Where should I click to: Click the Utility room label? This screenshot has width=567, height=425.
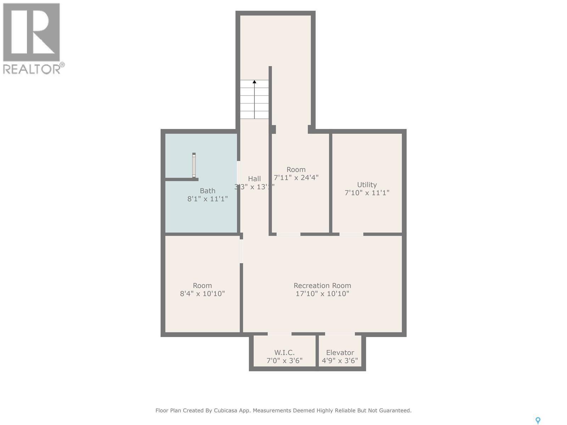coord(367,185)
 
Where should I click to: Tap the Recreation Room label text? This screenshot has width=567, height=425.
coord(322,285)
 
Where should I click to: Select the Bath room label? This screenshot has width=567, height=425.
coord(207,191)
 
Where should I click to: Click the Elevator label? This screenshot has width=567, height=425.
coord(340,352)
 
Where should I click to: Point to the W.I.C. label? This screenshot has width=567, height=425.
coord(284,352)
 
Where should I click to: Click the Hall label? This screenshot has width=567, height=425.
coord(254,179)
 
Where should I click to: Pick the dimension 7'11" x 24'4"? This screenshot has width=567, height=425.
coord(296,177)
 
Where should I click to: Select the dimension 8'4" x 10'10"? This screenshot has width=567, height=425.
coord(202,294)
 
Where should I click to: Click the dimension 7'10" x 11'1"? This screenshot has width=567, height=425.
coord(367,193)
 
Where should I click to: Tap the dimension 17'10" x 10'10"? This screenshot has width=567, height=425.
coord(322,294)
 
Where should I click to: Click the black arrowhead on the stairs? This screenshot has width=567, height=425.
coord(254,82)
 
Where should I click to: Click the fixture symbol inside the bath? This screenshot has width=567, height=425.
coord(194,165)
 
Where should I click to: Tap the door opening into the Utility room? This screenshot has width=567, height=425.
coord(351,234)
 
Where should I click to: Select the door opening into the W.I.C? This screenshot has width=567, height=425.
coord(279,334)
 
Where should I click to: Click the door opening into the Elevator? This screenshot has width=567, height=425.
coord(339,334)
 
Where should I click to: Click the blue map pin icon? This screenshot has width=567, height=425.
coord(538,420)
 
